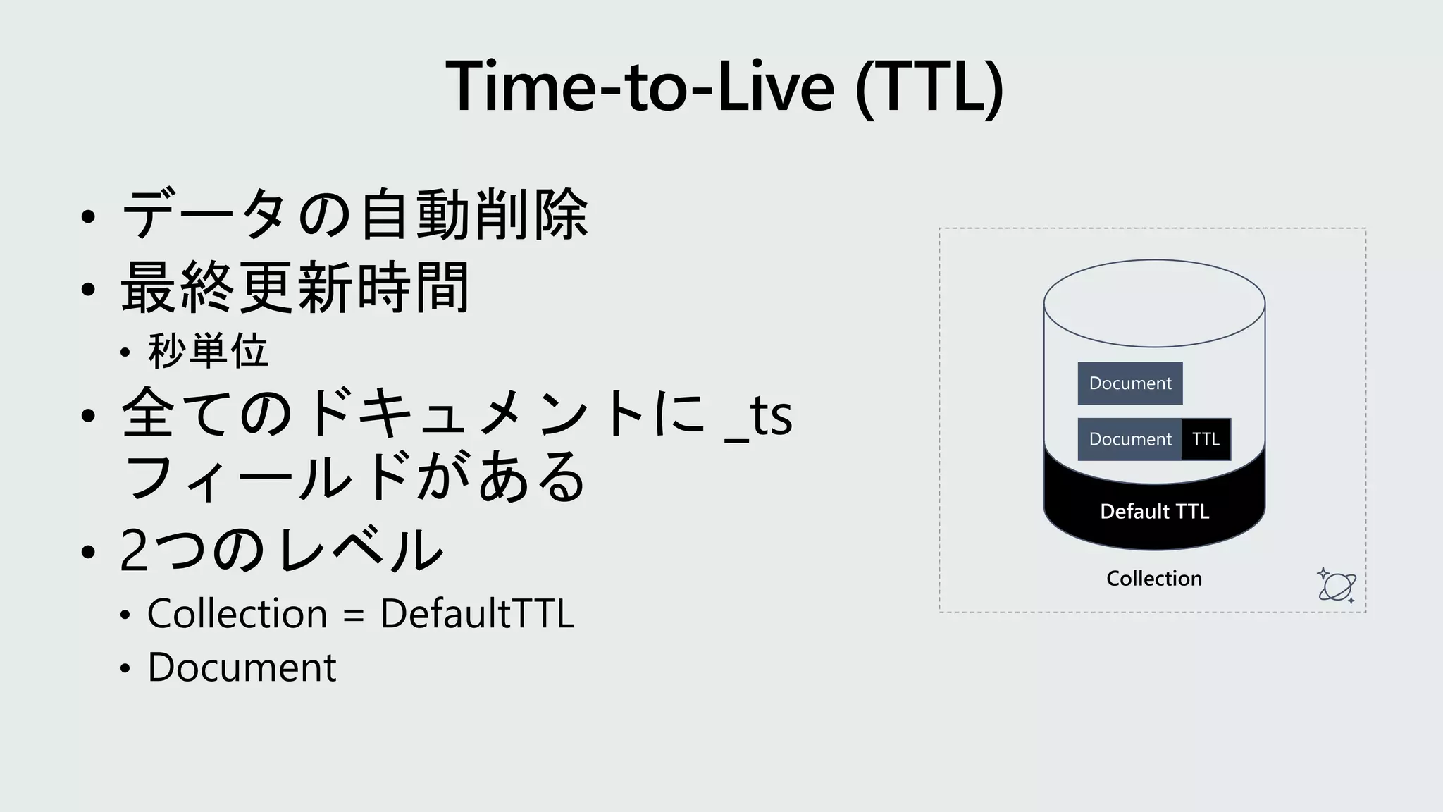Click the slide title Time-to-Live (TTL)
pos(724,86)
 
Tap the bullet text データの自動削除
pos(355,214)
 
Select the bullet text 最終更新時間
pos(295,288)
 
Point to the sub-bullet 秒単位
pos(209,350)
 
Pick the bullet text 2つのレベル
pos(282,550)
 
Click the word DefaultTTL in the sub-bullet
pos(477,613)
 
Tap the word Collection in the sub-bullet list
pos(237,613)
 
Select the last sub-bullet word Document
pos(242,667)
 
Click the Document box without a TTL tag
pos(1129,383)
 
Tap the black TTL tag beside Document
pos(1206,439)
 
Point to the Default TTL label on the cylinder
pos(1154,511)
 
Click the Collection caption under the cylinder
pos(1154,579)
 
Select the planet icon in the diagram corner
pos(1337,585)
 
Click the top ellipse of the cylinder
pos(1154,304)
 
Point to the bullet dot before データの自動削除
pos(88,216)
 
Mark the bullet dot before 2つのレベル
pos(88,552)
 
